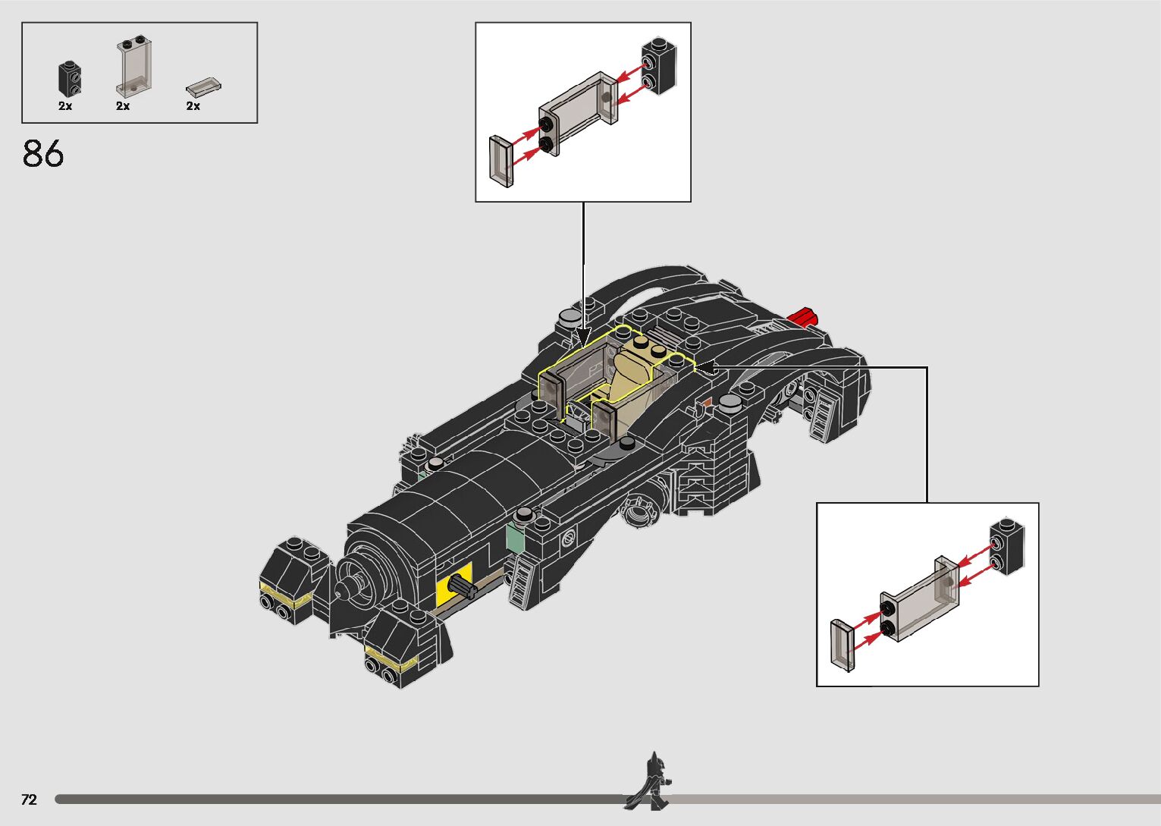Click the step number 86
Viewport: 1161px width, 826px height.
coord(43,153)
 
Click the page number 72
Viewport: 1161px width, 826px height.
coord(29,799)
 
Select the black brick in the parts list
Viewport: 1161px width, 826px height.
coord(70,80)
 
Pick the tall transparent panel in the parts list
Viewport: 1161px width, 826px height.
coord(133,66)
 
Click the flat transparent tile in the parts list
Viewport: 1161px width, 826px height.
coord(204,87)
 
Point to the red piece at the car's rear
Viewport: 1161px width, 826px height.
coord(802,317)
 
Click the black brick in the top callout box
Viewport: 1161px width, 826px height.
coord(659,67)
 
